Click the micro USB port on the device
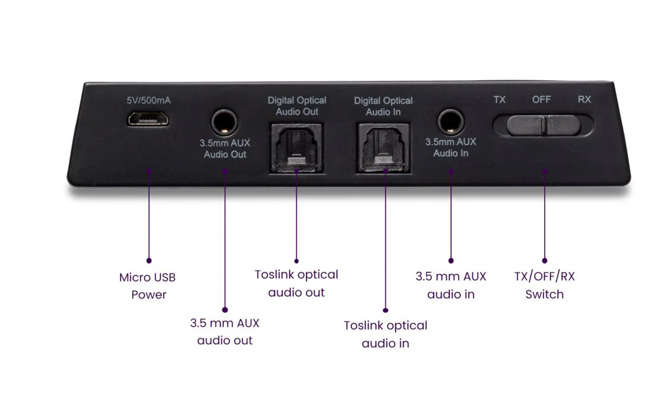[148, 119]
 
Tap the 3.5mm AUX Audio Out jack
[224, 122]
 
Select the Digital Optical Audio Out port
[297, 147]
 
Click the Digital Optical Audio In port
[383, 148]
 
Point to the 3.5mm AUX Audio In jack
[450, 121]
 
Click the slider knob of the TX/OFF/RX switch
[544, 125]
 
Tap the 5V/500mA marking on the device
[149, 101]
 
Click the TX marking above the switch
[499, 100]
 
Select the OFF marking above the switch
[541, 100]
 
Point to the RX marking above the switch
[584, 99]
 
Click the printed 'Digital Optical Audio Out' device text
[297, 106]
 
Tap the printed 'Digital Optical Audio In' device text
[383, 107]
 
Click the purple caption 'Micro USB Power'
[148, 285]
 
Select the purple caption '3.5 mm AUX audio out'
[225, 332]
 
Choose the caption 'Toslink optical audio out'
[296, 284]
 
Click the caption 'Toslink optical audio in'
[385, 334]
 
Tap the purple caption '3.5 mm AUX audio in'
[450, 285]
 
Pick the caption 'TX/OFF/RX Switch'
[545, 285]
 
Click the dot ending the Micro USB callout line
[149, 261]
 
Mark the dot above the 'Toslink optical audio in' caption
[385, 310]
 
